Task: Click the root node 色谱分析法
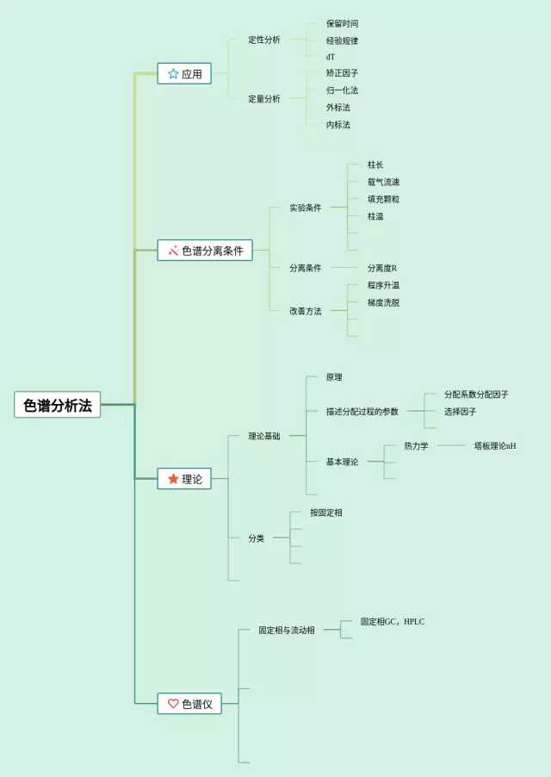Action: pyautogui.click(x=58, y=405)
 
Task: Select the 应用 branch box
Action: pyautogui.click(x=184, y=74)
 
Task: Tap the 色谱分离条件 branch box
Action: pyautogui.click(x=205, y=251)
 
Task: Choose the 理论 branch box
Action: pyautogui.click(x=184, y=479)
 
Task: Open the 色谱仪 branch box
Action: pyautogui.click(x=189, y=704)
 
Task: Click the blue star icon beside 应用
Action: pyautogui.click(x=173, y=74)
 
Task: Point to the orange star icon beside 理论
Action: pyautogui.click(x=173, y=479)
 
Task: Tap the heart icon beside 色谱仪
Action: pyautogui.click(x=173, y=704)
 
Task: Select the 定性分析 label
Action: pyautogui.click(x=264, y=40)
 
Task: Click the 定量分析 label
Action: pyautogui.click(x=264, y=99)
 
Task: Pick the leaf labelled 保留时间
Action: pyautogui.click(x=342, y=23)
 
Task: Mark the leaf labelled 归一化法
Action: pyautogui.click(x=342, y=90)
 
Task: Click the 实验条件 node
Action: pyautogui.click(x=306, y=208)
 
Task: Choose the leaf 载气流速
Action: pyautogui.click(x=383, y=182)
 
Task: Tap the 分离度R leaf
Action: pyautogui.click(x=382, y=268)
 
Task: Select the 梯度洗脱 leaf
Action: pyautogui.click(x=383, y=302)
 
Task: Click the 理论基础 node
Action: pyautogui.click(x=264, y=436)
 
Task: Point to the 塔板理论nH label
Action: pyautogui.click(x=495, y=446)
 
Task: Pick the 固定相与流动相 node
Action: pyautogui.click(x=287, y=630)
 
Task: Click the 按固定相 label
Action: pyautogui.click(x=326, y=513)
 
